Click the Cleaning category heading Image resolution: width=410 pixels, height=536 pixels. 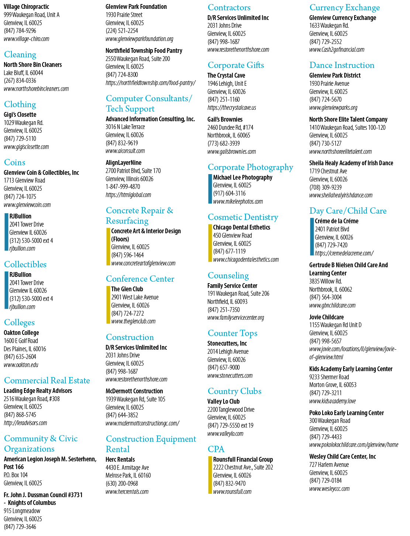point(20,54)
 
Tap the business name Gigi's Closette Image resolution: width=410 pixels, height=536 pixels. point(20,115)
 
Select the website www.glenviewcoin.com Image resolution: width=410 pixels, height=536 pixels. point(27,205)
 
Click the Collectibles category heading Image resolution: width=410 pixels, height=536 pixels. point(25,264)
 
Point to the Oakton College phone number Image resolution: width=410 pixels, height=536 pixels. point(20,357)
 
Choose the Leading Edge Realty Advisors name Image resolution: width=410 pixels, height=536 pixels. point(38,391)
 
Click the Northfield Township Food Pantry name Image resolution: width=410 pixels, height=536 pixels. point(144,51)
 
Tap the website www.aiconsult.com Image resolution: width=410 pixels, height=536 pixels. point(125,151)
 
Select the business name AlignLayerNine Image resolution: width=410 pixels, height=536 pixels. point(124,163)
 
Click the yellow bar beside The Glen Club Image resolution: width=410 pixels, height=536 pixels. point(108,305)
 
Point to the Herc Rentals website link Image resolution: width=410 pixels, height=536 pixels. point(127,492)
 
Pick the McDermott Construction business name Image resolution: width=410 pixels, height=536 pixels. point(134,391)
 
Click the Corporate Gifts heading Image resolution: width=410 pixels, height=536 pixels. point(236,65)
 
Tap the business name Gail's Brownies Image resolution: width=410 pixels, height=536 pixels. point(225,119)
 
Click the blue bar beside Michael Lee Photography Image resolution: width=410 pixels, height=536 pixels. point(210,189)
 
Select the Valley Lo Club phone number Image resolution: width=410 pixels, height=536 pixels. point(230,425)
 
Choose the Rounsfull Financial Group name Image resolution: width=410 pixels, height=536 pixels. point(243,459)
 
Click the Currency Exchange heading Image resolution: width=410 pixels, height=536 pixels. point(345,8)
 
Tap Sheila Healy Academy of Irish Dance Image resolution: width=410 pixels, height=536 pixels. point(351,163)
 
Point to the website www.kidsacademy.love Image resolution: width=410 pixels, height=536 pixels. point(333,401)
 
